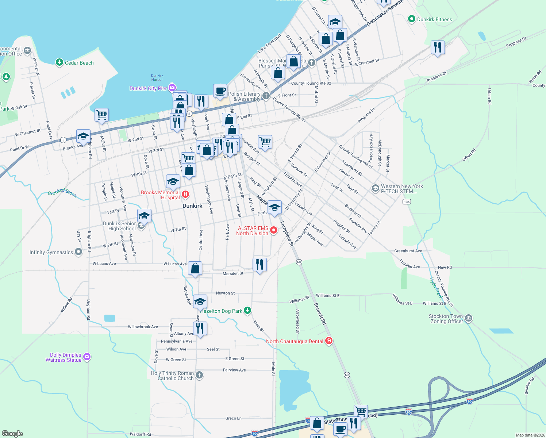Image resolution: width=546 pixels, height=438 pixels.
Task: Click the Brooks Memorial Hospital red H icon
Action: coord(185,194)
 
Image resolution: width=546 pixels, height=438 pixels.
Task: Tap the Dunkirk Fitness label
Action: coord(434,19)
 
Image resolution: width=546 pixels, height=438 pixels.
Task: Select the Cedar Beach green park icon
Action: coord(59,62)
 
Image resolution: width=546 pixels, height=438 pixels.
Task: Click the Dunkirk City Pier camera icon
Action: coord(172,88)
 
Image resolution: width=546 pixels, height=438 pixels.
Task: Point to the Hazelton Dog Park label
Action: coord(221,311)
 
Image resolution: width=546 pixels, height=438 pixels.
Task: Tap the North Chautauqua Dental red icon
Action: coord(329,341)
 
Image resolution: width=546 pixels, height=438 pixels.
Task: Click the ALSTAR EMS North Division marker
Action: coord(273,230)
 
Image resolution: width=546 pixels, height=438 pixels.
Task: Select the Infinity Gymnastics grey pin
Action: coord(78,252)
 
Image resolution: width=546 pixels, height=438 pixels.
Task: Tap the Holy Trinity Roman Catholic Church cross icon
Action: coord(199,375)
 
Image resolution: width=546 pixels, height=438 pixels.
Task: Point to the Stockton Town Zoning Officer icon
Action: coord(469,318)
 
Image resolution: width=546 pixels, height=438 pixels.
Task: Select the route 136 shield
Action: coord(407,201)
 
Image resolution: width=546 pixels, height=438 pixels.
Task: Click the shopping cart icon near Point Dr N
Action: coord(101,115)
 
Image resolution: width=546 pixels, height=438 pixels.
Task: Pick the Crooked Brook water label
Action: coord(62,192)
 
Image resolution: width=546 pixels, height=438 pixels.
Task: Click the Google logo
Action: coord(12,433)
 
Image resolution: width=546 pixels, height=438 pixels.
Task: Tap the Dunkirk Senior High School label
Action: coord(119,226)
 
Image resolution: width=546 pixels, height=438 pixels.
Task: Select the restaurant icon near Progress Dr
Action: coord(437,47)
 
